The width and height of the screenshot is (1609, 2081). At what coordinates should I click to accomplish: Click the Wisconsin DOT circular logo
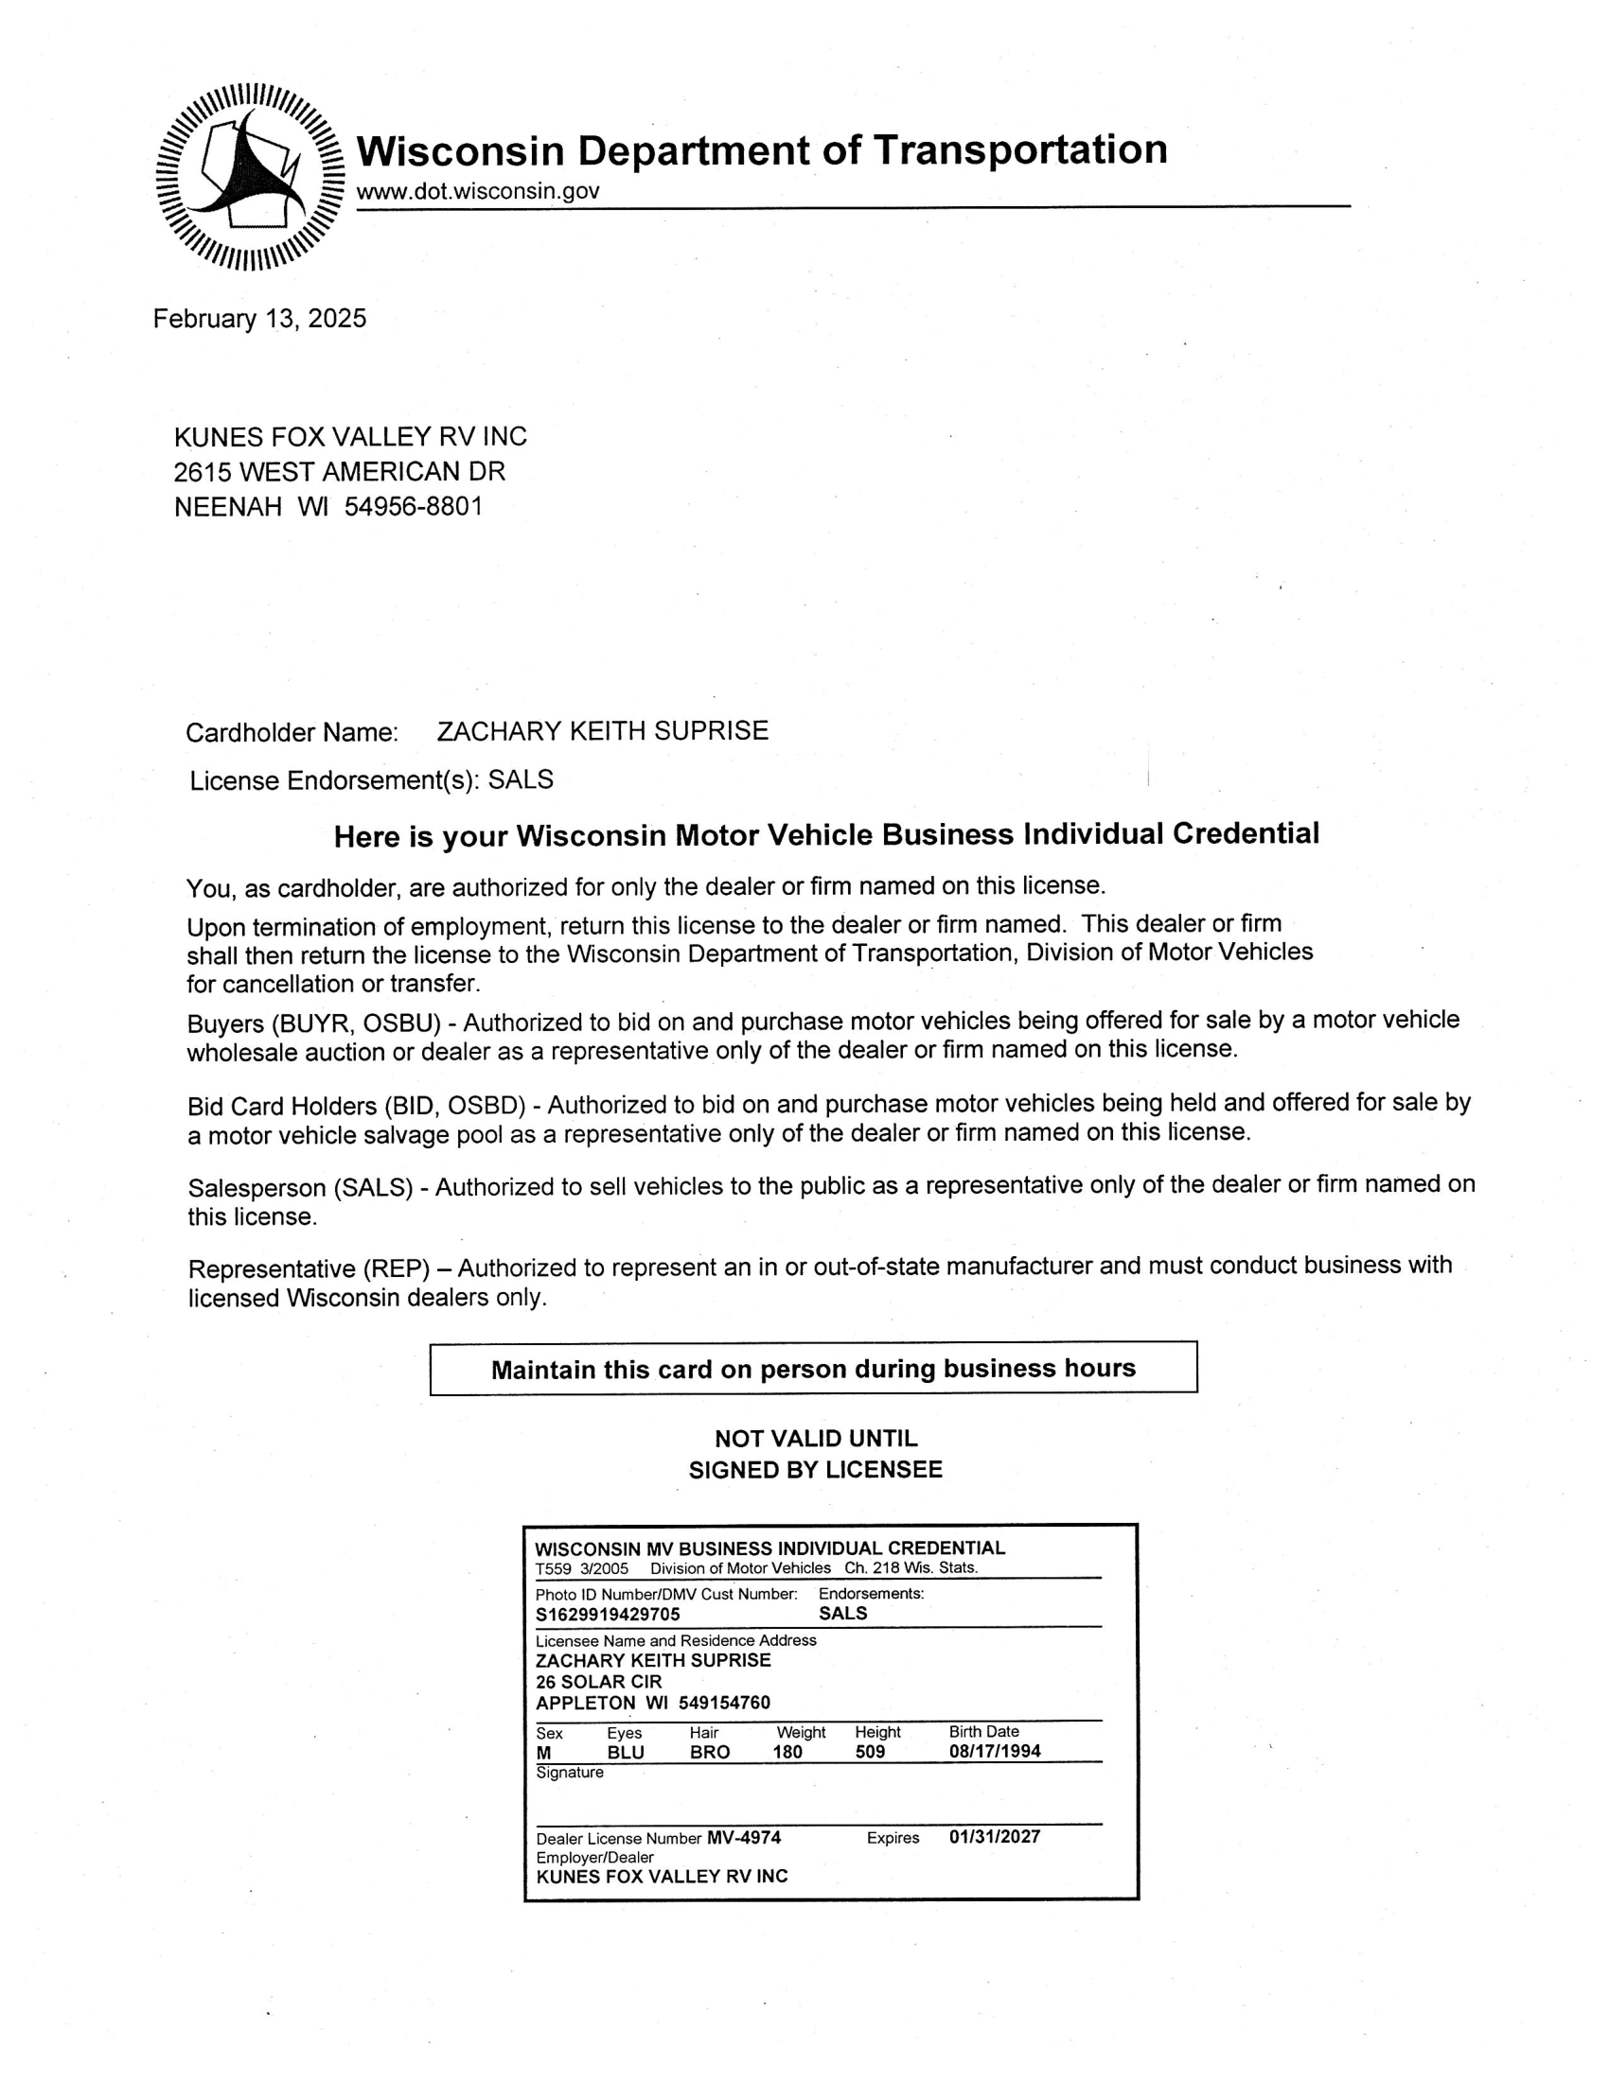coord(250,176)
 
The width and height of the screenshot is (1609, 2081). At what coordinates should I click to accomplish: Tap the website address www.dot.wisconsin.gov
coord(478,191)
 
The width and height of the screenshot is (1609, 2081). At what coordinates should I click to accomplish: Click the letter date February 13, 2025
coord(259,318)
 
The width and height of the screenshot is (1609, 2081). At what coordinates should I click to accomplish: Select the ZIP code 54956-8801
coord(414,506)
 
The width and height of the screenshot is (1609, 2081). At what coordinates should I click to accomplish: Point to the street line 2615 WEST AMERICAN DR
coord(340,472)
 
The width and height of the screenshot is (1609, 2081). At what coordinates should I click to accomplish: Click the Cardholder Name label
coord(292,733)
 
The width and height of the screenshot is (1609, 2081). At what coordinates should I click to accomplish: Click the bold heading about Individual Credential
coord(826,834)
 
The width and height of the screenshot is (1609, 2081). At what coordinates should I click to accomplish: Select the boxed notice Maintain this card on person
coord(813,1369)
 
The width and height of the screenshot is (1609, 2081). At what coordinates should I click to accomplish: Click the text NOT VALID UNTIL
coord(816,1438)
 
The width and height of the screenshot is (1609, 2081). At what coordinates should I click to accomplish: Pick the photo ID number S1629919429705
coord(609,1614)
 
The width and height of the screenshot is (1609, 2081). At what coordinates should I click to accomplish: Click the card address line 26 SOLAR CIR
coord(598,1682)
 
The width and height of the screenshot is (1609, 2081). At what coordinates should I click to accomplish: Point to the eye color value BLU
coord(626,1752)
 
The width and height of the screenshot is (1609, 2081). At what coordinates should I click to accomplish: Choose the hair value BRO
coord(709,1752)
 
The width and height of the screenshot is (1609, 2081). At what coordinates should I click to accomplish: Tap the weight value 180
coord(787,1752)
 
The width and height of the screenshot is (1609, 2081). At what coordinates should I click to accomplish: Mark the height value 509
coord(870,1752)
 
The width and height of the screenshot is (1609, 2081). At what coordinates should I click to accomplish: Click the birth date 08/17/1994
coord(994,1751)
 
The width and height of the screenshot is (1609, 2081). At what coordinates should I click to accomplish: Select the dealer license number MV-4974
coord(744,1837)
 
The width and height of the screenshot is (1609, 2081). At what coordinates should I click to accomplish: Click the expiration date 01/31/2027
coord(994,1836)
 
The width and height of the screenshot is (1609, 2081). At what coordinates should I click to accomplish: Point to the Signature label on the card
coord(569,1773)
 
